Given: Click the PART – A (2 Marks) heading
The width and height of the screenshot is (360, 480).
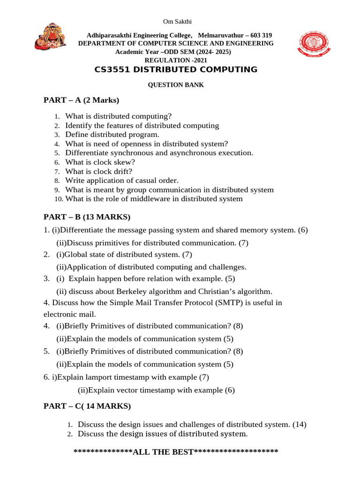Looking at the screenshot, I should point(82,100).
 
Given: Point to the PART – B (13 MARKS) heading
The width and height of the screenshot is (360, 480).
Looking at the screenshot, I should point(87,217).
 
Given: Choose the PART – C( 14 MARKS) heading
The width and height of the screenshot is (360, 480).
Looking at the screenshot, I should point(87,406).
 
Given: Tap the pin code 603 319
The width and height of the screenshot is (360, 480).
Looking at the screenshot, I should point(259,36).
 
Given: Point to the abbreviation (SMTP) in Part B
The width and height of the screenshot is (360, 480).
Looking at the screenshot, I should point(232,303).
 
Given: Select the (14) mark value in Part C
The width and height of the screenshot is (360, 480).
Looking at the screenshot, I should point(299,425).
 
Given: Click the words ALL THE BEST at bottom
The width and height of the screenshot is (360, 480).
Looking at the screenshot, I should point(163,452).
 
